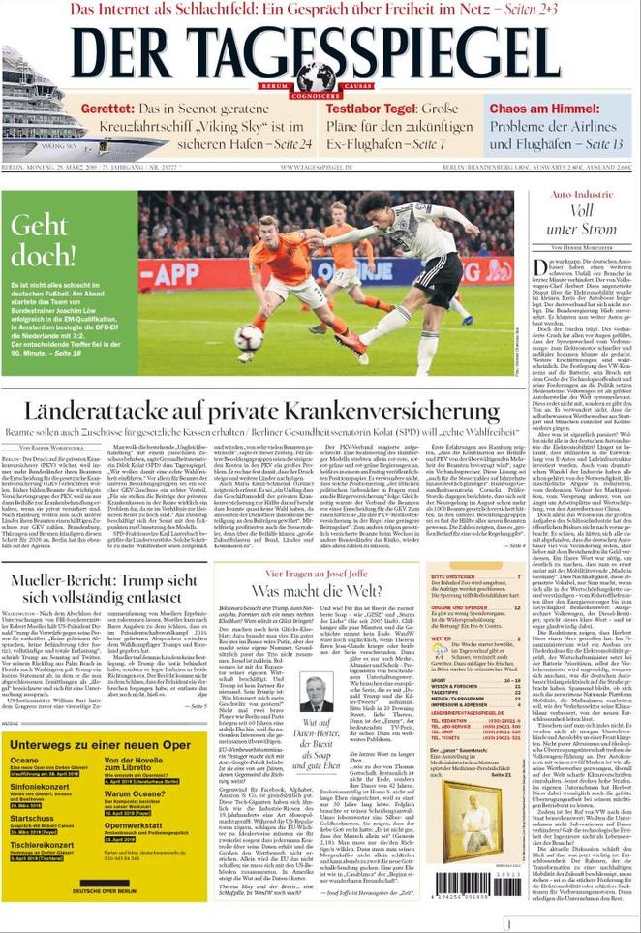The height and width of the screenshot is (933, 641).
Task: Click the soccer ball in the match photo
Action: click(249, 338)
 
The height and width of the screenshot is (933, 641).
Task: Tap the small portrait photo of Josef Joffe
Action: click(316, 692)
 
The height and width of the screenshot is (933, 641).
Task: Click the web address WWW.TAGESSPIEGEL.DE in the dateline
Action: click(320, 168)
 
